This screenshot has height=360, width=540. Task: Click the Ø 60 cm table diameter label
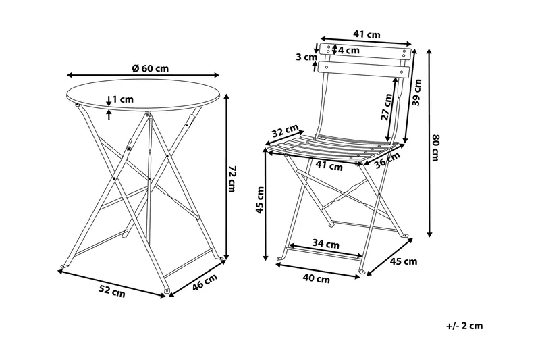150,68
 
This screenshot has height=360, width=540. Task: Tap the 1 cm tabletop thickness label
123,99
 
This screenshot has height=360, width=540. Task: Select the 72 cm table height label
232,180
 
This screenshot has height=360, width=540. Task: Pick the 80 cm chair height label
436,149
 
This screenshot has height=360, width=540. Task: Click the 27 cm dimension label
385,106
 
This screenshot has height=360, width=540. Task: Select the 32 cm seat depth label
286,132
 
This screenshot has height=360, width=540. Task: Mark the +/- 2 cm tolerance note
464,326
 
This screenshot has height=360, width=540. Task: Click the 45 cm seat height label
259,200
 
